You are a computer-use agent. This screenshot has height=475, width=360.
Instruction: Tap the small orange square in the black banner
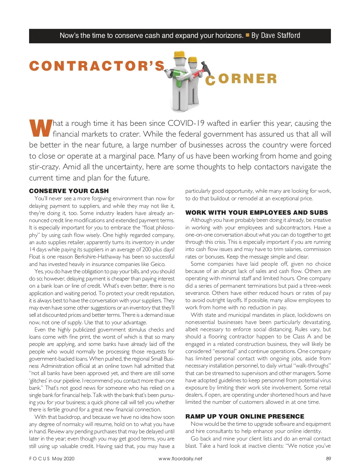[247, 35]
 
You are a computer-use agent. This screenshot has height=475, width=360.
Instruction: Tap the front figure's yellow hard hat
[180, 55]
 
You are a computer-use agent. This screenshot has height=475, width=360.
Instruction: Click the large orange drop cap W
[40, 128]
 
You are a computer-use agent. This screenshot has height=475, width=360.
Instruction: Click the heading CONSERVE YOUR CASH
[69, 191]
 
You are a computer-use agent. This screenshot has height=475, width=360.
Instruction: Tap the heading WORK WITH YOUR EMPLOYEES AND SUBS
[256, 213]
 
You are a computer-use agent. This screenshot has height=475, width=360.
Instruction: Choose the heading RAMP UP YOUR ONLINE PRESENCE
[245, 416]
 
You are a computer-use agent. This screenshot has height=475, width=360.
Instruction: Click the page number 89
[328, 458]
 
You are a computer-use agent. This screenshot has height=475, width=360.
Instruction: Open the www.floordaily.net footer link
[180, 458]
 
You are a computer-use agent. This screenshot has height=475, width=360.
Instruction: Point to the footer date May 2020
[63, 458]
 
